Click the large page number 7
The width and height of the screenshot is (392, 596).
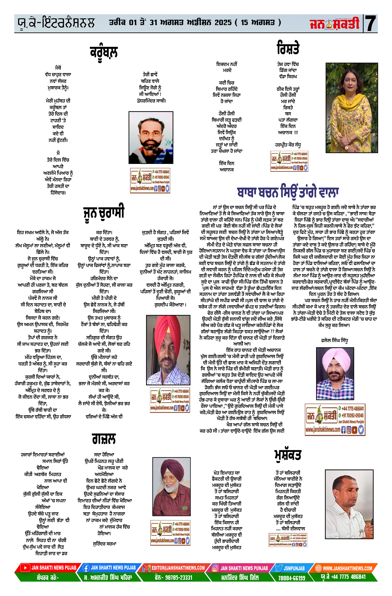pos(370,23)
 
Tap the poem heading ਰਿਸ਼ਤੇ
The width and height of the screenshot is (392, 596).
pos(288,48)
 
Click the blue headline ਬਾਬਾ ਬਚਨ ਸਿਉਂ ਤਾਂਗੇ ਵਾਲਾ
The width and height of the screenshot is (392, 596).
pos(288,192)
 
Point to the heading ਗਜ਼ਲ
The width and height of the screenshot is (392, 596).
pos(104,439)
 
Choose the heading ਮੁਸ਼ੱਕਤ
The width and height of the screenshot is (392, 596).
pos(288,455)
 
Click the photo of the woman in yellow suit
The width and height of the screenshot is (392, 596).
pos(351,108)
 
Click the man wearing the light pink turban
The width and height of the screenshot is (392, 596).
pos(335,374)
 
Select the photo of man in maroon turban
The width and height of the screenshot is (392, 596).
pos(171,487)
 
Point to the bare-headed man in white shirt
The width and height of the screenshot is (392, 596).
pos(349,504)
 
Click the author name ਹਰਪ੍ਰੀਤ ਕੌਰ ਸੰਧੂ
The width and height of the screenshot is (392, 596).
pos(288,145)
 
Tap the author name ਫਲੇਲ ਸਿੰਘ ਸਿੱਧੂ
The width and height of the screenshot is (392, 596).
pos(334,340)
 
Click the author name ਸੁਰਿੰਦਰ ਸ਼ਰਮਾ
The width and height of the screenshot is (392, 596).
pos(105,544)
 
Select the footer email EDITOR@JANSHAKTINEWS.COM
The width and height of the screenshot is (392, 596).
pos(178,568)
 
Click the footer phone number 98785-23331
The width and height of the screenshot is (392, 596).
pos(173,577)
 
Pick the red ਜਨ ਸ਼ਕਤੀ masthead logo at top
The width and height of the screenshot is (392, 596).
pos(334,23)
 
